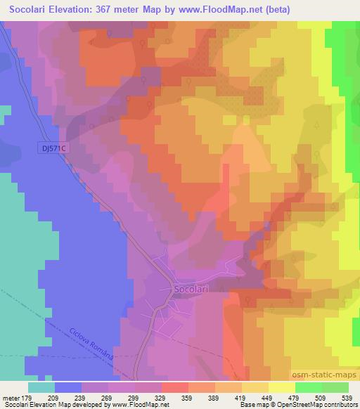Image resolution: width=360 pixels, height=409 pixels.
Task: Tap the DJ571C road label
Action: click(53, 148)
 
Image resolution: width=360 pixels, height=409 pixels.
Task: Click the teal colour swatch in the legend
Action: click(41, 387)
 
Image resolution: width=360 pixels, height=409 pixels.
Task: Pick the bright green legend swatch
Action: click(308, 387)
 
